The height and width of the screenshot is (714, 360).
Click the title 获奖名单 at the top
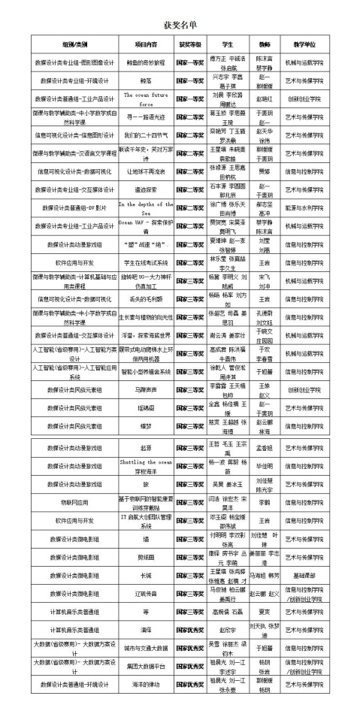coord(181,26)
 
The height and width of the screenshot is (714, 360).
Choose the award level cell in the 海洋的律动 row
coord(191,703)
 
